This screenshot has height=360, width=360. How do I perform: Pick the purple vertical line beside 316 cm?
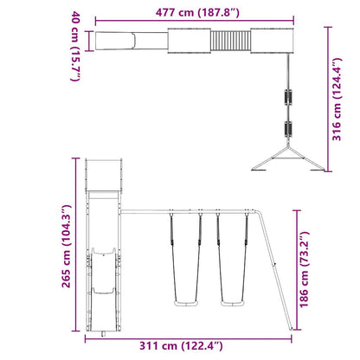click(330, 100)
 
